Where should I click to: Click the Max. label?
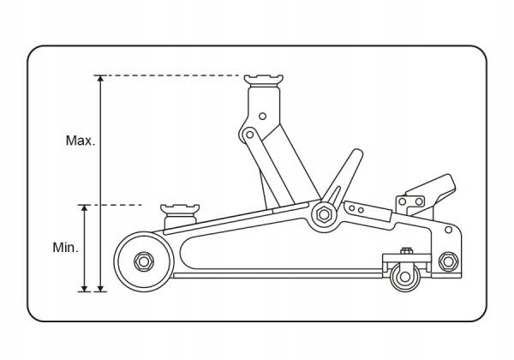tap(81, 141)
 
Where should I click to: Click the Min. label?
tap(66, 247)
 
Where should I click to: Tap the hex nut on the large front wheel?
tap(144, 261)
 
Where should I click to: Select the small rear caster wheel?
tap(405, 277)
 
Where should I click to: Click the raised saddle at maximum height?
tap(264, 81)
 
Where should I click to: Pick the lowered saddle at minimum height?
tap(180, 210)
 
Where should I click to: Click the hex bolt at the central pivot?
tap(324, 215)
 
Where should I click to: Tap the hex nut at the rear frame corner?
tap(448, 261)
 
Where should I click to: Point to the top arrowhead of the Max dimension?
tap(101, 79)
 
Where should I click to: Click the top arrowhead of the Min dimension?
tap(85, 208)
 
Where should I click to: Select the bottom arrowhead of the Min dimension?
tap(85, 288)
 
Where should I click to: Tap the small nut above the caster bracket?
tap(406, 251)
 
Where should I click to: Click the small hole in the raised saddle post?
tap(262, 116)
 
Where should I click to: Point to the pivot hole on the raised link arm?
tap(249, 135)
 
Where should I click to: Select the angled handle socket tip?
tap(357, 153)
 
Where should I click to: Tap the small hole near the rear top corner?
tap(448, 230)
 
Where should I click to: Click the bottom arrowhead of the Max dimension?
tap(101, 288)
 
